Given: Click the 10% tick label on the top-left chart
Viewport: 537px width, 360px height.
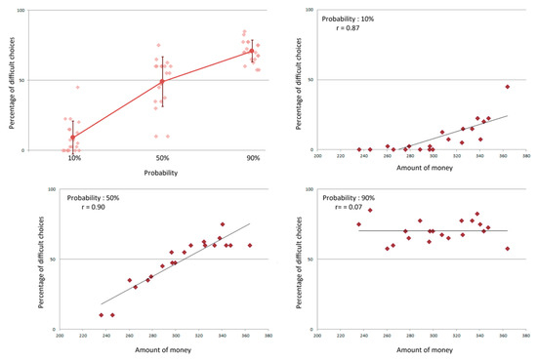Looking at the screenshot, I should (74, 158).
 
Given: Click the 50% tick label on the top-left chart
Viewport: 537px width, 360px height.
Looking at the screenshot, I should (164, 158).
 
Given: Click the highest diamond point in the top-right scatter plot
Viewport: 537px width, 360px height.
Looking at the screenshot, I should (508, 87).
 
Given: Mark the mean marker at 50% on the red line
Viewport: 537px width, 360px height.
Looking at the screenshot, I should (164, 81).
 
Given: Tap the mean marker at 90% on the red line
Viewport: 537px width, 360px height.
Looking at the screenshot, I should (253, 51).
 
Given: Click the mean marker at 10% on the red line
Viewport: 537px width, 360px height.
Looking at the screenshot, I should (74, 138).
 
